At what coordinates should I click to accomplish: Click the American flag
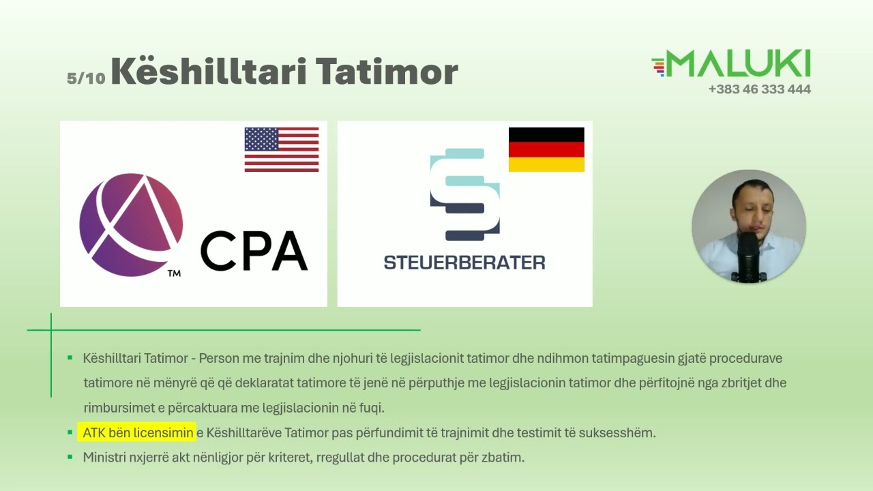tap(282, 149)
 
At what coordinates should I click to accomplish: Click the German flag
tap(546, 149)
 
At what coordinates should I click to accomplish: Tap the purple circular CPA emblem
tap(131, 225)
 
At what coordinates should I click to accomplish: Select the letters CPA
tap(254, 251)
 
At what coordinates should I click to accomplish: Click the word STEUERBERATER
tap(464, 263)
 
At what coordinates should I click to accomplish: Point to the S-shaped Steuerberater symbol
tap(464, 194)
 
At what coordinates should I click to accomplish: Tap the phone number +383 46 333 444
tap(759, 89)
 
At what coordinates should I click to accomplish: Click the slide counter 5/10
tap(86, 78)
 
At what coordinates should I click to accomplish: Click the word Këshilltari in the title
tap(209, 72)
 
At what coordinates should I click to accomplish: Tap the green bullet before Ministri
tap(70, 457)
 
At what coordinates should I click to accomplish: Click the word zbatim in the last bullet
tap(505, 457)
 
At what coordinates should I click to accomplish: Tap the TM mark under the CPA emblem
tap(174, 274)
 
